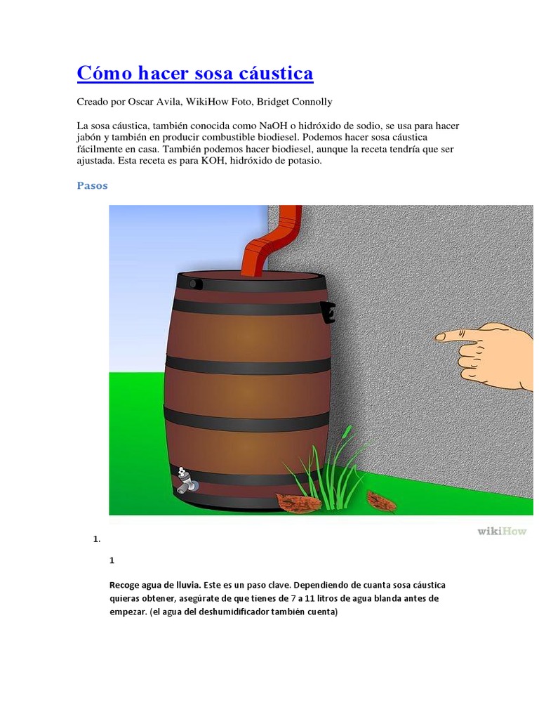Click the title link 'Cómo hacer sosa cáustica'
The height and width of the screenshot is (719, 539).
195,73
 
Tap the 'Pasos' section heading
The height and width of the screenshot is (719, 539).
92,185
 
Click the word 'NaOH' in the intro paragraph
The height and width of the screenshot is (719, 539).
273,126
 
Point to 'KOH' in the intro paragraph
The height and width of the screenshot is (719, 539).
212,161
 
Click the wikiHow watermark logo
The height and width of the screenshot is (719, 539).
502,531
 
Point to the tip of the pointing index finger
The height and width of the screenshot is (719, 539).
437,338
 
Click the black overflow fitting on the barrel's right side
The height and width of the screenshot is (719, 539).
328,312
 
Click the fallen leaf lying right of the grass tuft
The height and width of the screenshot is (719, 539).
381,501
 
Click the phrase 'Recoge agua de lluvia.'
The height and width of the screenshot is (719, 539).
155,585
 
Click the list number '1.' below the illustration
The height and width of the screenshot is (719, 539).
97,539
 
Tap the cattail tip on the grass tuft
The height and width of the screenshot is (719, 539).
348,431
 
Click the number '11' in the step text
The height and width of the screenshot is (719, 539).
310,598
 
